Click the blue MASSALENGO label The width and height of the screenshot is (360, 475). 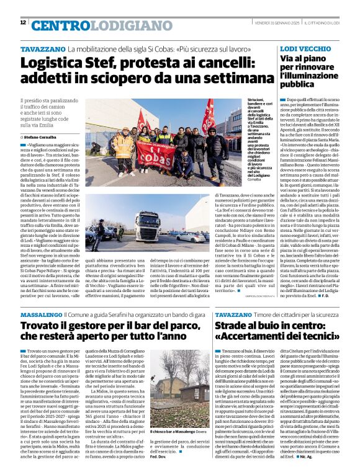(41, 315)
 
